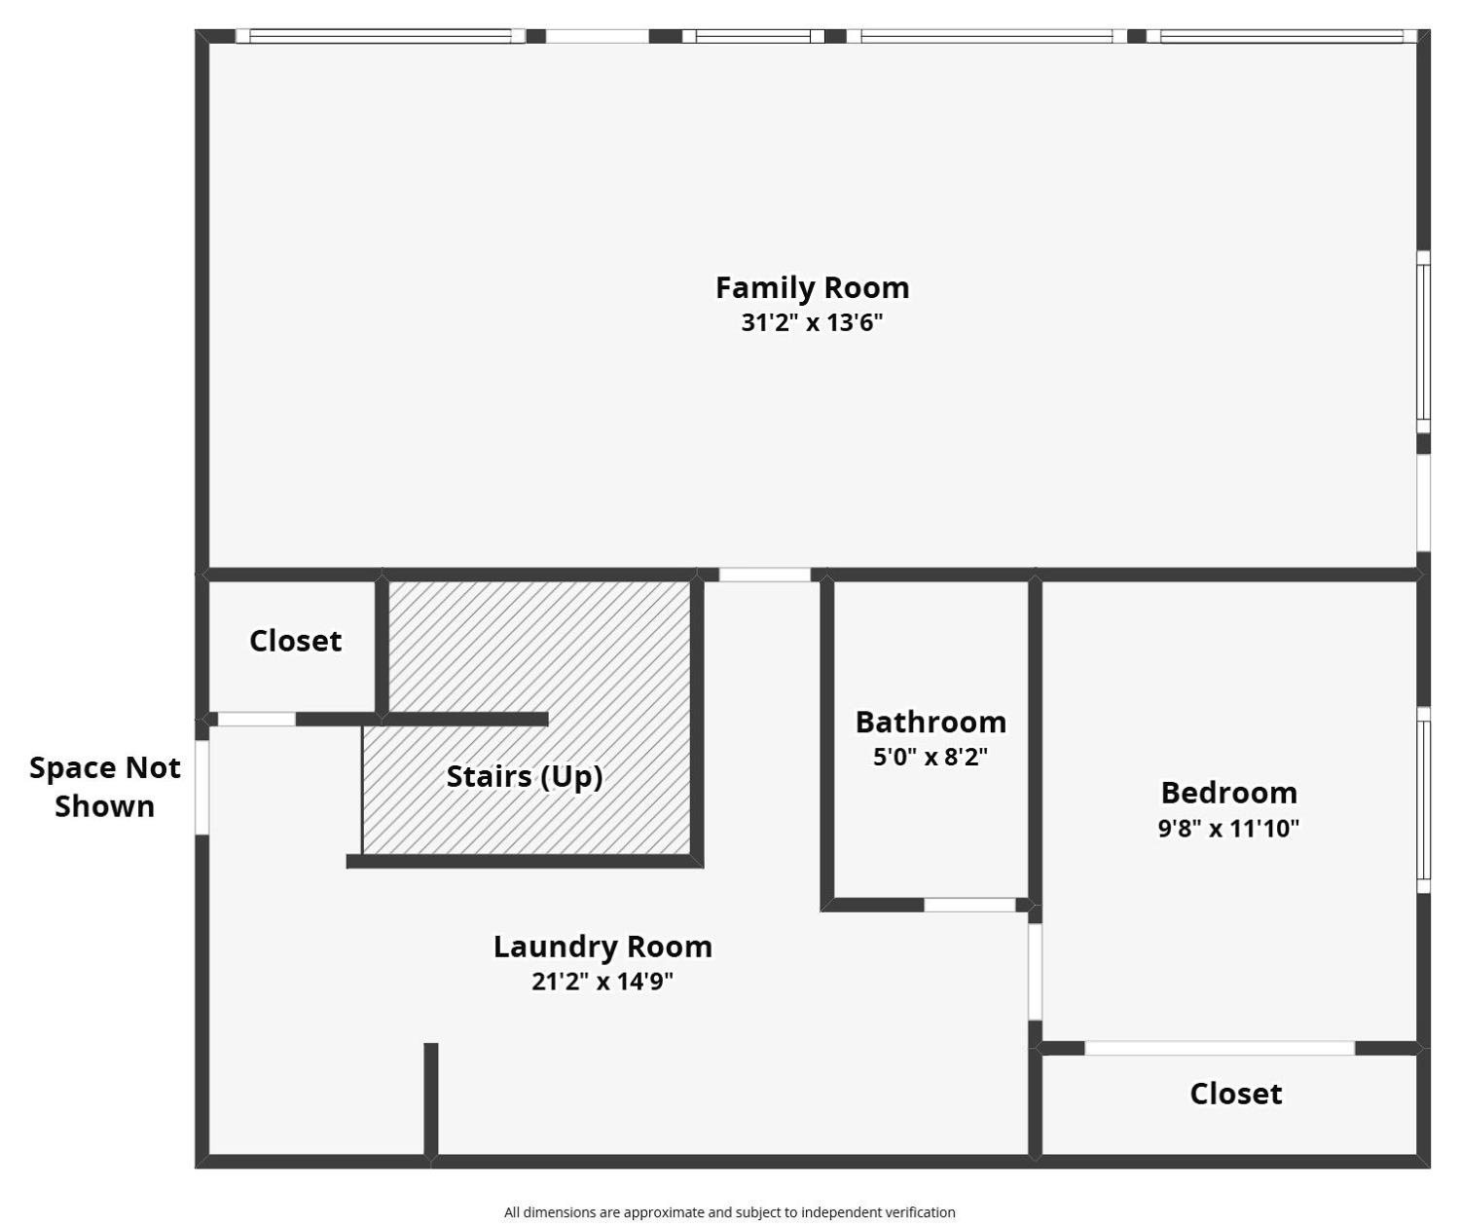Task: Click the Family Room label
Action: [x=812, y=287]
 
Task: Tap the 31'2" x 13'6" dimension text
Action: [x=812, y=322]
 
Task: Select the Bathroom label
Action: [x=931, y=723]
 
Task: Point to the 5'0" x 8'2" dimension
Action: [x=931, y=757]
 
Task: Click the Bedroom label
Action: [x=1228, y=794]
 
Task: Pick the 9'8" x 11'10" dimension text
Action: [x=1228, y=829]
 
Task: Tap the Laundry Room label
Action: [x=602, y=948]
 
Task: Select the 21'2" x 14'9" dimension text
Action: [x=602, y=982]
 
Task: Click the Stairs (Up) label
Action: [x=525, y=777]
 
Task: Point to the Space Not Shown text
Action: [x=105, y=787]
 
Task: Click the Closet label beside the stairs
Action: [x=296, y=641]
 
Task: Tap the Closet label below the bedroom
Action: [x=1235, y=1094]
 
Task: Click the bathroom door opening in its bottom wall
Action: [x=969, y=905]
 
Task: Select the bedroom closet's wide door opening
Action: [x=1220, y=1048]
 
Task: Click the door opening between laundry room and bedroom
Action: [x=1035, y=973]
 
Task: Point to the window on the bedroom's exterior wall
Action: [x=1424, y=799]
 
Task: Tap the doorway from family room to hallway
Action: [x=765, y=575]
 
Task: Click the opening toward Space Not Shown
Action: [x=201, y=787]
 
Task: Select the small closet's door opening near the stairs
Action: [x=257, y=719]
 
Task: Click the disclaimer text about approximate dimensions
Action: [x=729, y=1212]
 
